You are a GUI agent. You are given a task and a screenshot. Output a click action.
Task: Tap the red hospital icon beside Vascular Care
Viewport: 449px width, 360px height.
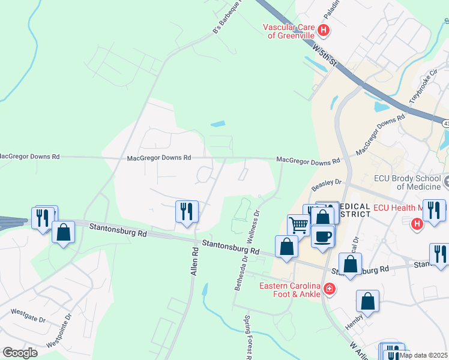coord(324,29)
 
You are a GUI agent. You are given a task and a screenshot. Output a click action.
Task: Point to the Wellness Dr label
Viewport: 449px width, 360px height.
coord(256,229)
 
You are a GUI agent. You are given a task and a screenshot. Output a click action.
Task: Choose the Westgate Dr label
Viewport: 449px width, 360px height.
coord(28,316)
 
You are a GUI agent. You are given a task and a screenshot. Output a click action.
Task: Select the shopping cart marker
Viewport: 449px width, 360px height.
coord(298,226)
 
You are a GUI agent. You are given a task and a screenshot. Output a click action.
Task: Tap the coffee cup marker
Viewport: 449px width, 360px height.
coord(323,235)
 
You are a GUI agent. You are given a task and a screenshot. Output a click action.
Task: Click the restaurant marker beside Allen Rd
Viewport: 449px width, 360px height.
coord(186,211)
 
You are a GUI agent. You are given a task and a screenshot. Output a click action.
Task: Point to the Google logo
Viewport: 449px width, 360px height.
coord(20,352)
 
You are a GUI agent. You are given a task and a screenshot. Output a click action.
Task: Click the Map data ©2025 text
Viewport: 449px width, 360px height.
coord(423,355)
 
